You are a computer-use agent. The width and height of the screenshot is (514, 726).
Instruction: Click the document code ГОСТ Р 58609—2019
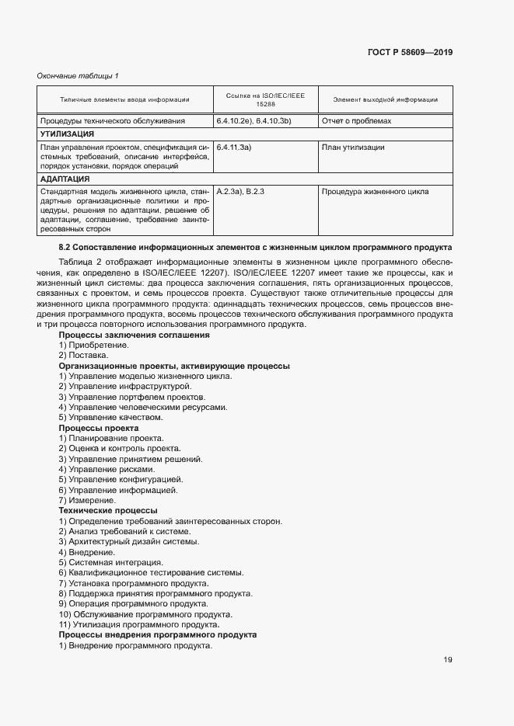(410, 52)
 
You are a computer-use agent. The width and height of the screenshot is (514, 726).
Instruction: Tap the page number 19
(448, 660)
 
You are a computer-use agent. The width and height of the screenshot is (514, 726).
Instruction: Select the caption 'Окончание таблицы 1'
(78, 75)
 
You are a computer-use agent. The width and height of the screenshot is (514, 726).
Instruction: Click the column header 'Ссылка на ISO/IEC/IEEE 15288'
(265, 99)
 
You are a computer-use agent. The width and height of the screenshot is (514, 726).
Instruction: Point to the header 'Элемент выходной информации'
(385, 99)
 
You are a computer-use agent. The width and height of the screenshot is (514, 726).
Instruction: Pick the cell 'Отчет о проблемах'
(356, 121)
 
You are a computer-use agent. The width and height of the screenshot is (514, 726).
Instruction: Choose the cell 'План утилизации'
(352, 146)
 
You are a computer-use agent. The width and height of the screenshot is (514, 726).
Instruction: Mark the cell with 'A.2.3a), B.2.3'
(242, 191)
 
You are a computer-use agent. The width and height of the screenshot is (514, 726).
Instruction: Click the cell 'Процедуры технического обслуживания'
(113, 121)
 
